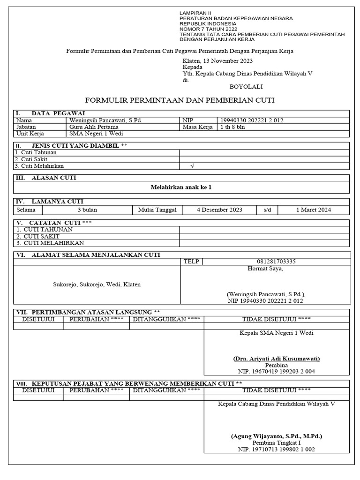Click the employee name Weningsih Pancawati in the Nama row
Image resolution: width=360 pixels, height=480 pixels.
coord(105,120)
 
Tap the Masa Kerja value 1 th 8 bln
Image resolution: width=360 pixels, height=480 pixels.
coord(233,127)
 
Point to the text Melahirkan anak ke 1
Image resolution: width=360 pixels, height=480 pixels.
coord(181,187)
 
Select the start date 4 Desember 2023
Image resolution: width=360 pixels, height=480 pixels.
coord(219,210)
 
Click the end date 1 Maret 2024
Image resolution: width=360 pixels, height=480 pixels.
coord(313,210)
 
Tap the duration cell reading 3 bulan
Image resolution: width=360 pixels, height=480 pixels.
coord(87,210)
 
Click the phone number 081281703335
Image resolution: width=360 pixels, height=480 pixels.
coord(276,262)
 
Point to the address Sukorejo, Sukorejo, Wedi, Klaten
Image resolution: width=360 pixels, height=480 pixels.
coord(97,285)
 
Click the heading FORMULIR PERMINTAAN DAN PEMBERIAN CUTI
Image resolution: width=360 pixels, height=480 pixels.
coord(180,100)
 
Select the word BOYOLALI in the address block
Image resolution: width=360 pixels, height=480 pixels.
coord(246,87)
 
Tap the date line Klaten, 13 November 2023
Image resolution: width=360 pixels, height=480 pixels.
coord(217,61)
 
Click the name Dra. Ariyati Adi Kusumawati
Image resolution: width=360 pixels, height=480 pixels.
coord(276,359)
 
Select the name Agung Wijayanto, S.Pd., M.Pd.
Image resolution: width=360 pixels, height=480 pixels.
coord(276,436)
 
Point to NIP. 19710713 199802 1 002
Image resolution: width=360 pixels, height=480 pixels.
coord(276,449)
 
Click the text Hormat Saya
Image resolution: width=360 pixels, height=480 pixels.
coord(265,269)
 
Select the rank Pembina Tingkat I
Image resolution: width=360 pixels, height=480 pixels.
coord(276,442)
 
